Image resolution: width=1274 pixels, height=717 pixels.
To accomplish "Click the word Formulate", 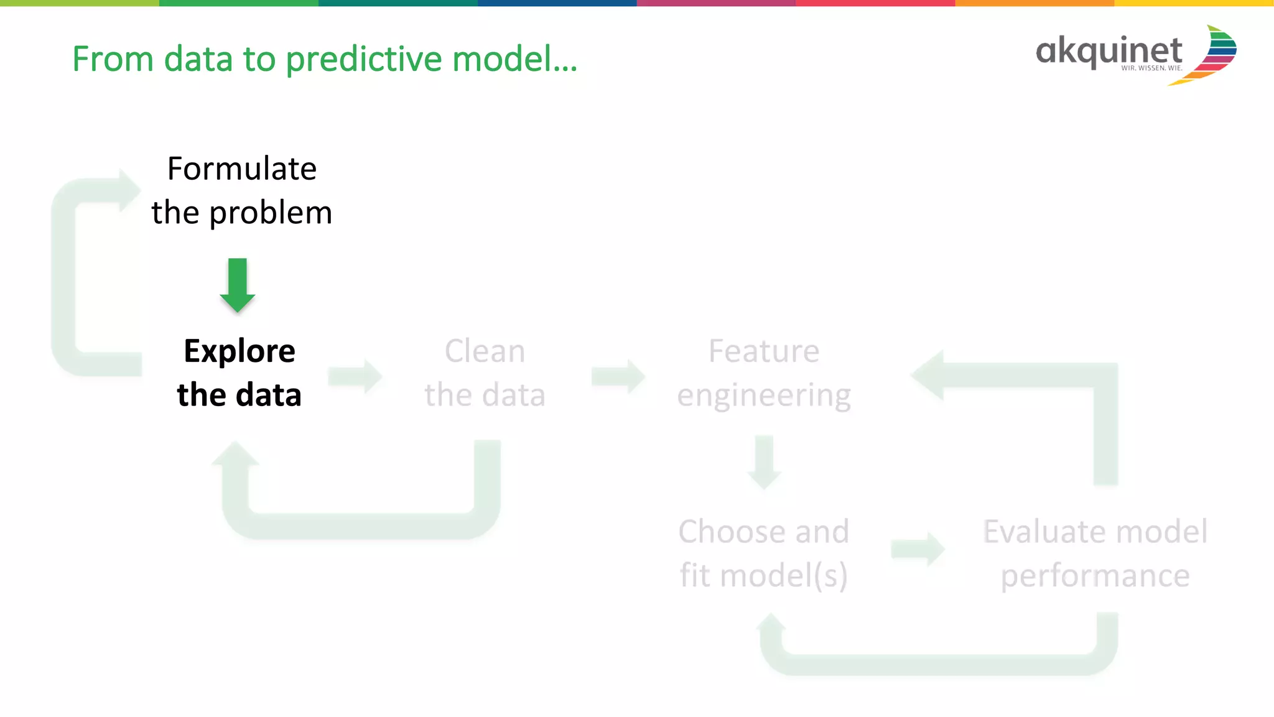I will point(242,169).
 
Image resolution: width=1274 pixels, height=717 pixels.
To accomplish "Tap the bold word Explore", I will point(239,351).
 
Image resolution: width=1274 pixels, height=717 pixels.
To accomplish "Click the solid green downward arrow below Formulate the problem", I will point(238,285).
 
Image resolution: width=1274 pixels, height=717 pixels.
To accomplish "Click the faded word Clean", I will point(485,351).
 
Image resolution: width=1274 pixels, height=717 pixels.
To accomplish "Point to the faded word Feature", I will point(764,351).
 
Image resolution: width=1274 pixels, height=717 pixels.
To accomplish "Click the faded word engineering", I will point(764,396).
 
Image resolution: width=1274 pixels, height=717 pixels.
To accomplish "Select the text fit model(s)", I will point(763,575).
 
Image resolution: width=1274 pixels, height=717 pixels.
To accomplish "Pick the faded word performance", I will point(1095,576).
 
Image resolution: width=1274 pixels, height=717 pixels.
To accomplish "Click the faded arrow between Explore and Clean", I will point(355,376).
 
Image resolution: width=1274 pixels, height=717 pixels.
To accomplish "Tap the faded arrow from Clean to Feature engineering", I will point(618,376).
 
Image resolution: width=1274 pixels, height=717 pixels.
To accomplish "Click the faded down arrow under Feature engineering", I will point(764,463).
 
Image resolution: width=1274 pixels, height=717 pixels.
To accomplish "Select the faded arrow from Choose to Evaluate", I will point(918,549).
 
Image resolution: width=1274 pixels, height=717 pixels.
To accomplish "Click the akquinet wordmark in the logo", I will point(1109,51).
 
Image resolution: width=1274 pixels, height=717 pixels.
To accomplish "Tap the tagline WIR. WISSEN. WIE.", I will point(1151,68).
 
